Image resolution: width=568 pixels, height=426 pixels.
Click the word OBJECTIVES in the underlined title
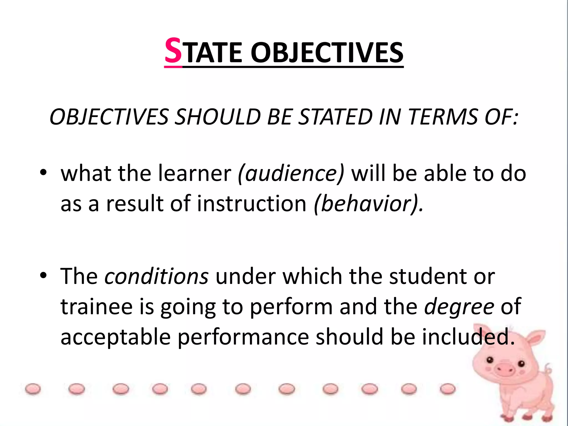click(x=327, y=53)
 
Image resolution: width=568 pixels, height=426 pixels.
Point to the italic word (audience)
click(x=291, y=174)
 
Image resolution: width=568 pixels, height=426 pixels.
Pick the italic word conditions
click(x=156, y=277)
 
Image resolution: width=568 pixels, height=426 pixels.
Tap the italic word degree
click(x=459, y=307)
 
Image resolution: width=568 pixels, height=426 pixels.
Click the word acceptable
click(x=115, y=337)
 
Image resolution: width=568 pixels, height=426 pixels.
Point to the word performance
click(x=243, y=337)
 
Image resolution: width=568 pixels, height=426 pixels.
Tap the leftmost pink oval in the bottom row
click(x=33, y=389)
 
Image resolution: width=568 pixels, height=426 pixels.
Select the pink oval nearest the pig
click(x=447, y=389)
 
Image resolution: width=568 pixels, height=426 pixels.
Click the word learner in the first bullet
click(x=195, y=174)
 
